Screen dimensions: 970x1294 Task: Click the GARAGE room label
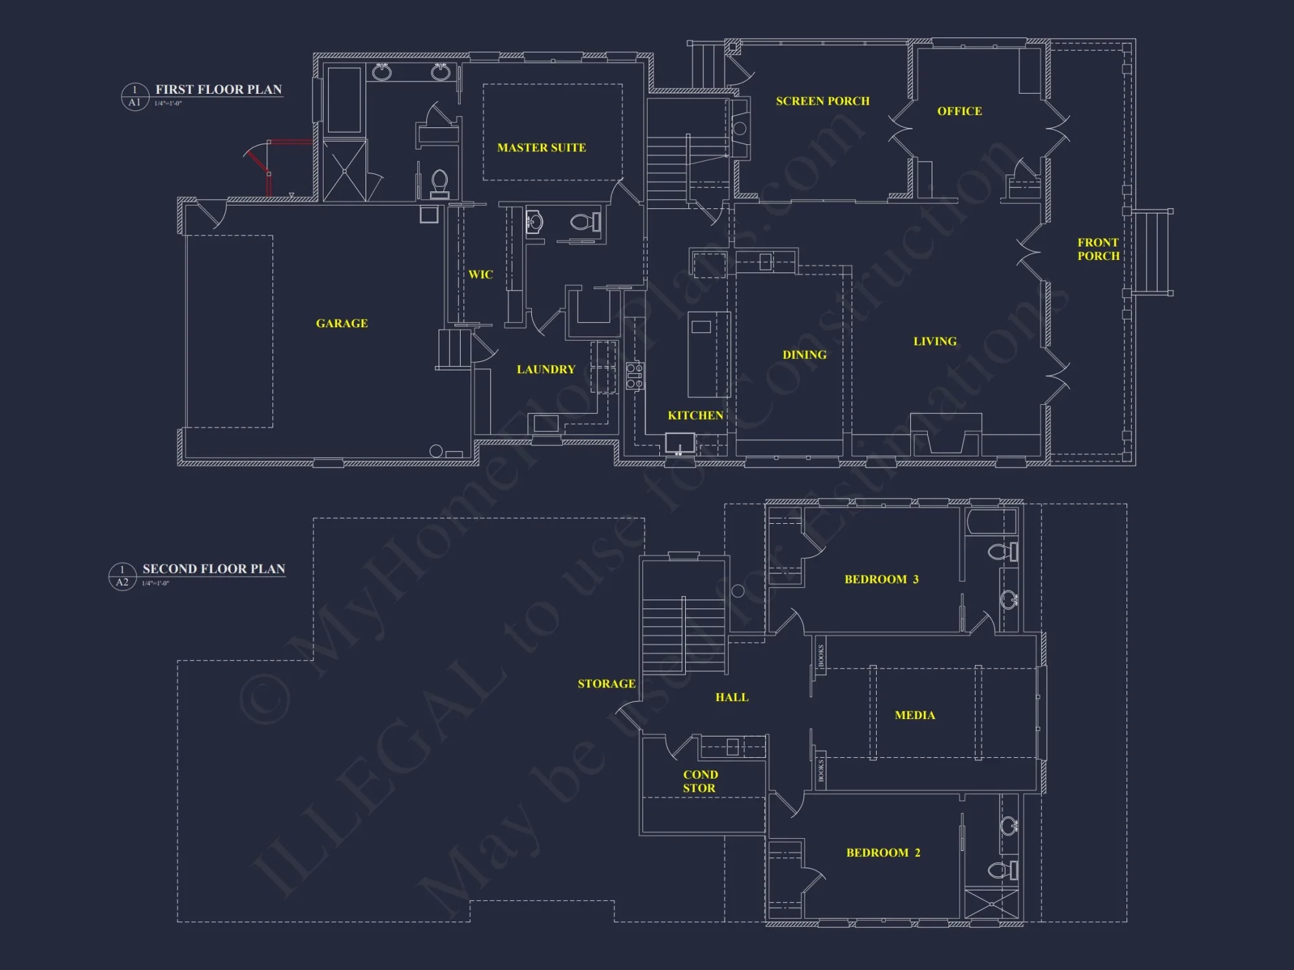[x=342, y=323]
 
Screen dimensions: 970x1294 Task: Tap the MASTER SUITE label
[x=542, y=148]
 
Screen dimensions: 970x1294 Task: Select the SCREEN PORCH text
[x=822, y=102]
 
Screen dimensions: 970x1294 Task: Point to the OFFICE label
[x=960, y=111]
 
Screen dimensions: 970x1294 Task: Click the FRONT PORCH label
[x=1098, y=249]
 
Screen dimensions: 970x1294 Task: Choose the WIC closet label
[x=480, y=275]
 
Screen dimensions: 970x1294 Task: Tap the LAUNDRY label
[x=545, y=369]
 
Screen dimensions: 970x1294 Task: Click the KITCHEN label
[x=696, y=415]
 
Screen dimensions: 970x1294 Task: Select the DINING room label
[x=804, y=355]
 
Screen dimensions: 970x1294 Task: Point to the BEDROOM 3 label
[x=881, y=579]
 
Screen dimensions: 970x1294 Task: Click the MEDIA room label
[x=915, y=715]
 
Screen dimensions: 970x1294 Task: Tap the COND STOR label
[x=700, y=781]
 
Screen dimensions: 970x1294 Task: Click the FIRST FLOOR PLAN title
[x=218, y=90]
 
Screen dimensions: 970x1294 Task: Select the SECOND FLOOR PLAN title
[x=214, y=569]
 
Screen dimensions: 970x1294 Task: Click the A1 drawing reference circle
[x=135, y=97]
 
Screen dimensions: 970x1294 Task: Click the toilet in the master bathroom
[x=440, y=182]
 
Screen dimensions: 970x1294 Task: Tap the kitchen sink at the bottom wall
[x=679, y=444]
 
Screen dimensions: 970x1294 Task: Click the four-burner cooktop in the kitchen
[x=635, y=376]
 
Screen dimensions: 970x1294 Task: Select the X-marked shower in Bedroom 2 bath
[x=991, y=903]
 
